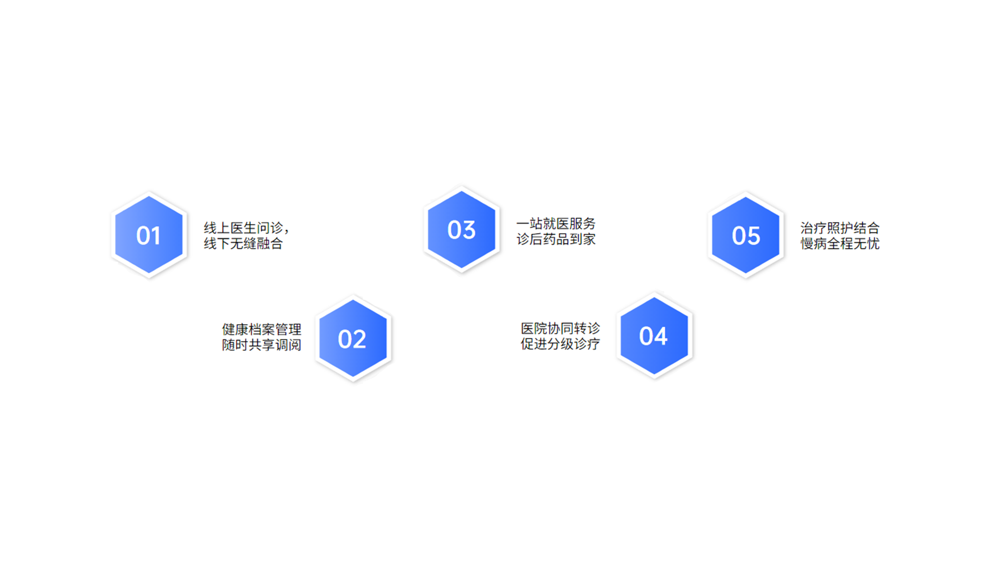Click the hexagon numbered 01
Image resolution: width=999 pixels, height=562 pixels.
pos(149,235)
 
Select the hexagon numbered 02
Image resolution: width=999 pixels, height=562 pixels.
pos(353,338)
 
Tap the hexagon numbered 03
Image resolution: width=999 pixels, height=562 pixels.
pos(462,229)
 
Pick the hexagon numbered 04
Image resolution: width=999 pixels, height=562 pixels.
pos(654,336)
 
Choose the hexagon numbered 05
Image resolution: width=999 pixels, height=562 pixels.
pos(746,235)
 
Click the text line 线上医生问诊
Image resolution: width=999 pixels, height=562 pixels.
pos(244,228)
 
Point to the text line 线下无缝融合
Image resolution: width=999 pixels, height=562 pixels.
pos(244,244)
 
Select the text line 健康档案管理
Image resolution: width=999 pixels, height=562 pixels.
pos(262,329)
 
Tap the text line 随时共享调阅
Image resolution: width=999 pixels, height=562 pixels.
pos(262,345)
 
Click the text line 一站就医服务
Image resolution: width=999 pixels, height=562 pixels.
pos(556,224)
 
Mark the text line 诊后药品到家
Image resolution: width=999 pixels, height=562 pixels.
pos(556,239)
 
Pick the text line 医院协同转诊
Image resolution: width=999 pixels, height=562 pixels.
pos(560,328)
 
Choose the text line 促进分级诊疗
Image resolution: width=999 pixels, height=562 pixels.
pos(560,344)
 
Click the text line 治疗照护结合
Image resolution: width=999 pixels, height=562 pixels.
pos(840,228)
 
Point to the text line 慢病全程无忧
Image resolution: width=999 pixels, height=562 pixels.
pos(840,244)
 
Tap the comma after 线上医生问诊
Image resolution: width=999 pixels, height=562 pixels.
pos(287,232)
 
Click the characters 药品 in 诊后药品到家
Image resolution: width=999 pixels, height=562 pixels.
pos(556,239)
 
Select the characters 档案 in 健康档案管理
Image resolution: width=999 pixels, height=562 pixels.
pos(262,329)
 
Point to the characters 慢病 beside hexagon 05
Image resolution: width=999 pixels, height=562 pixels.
pos(813,244)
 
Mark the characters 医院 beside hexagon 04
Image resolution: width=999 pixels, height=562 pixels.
pos(534,328)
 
